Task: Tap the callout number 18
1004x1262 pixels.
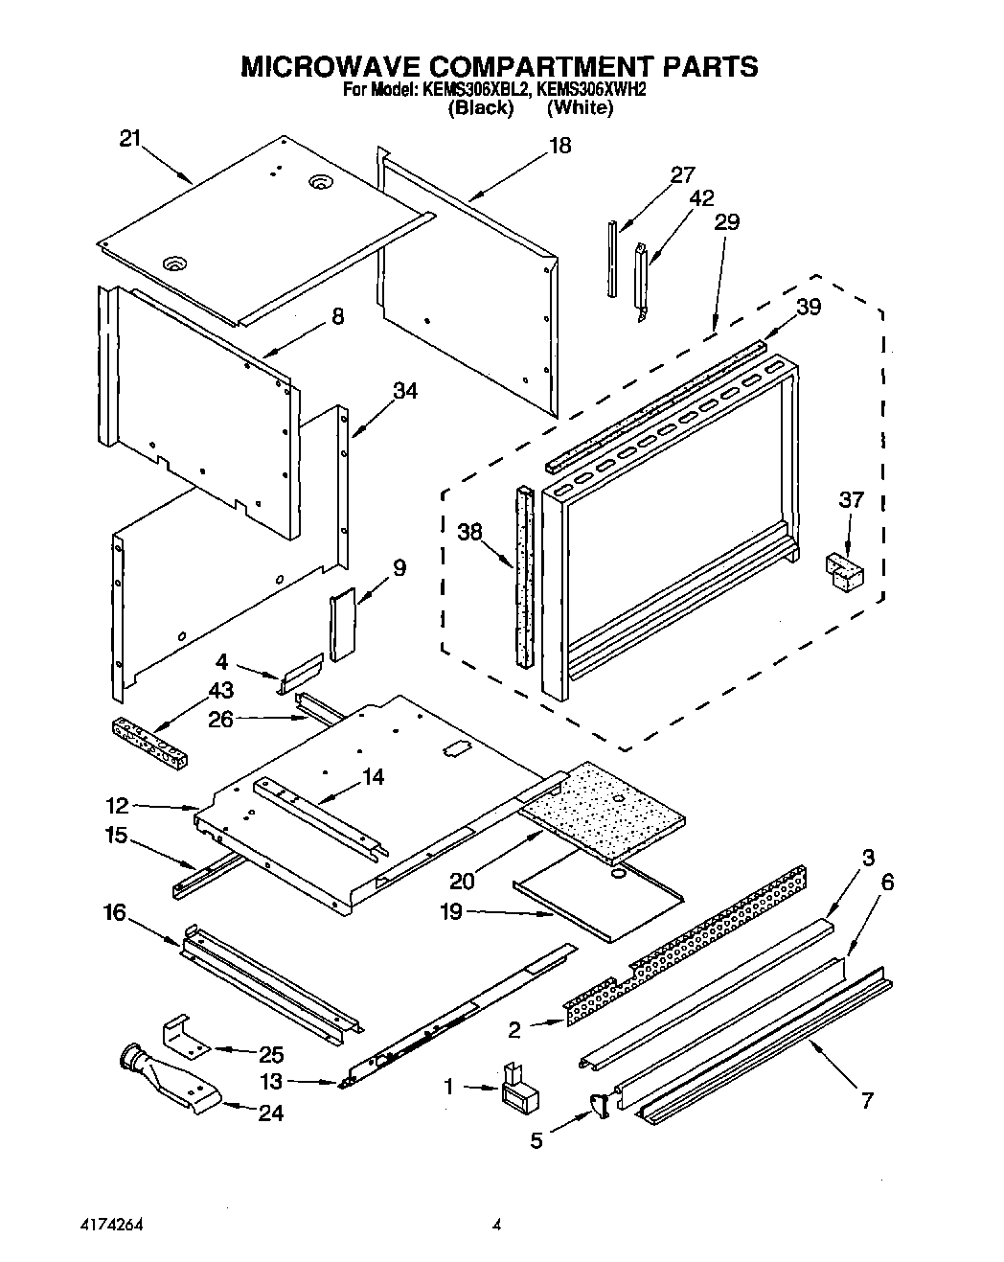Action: pyautogui.click(x=559, y=146)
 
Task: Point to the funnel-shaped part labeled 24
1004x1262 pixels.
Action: pyautogui.click(x=172, y=1082)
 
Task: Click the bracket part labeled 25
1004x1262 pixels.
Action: pyautogui.click(x=185, y=1035)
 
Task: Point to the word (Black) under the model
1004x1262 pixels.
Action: pyautogui.click(x=482, y=107)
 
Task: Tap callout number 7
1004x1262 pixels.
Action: pyautogui.click(x=866, y=1101)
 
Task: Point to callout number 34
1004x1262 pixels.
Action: pyautogui.click(x=405, y=391)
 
